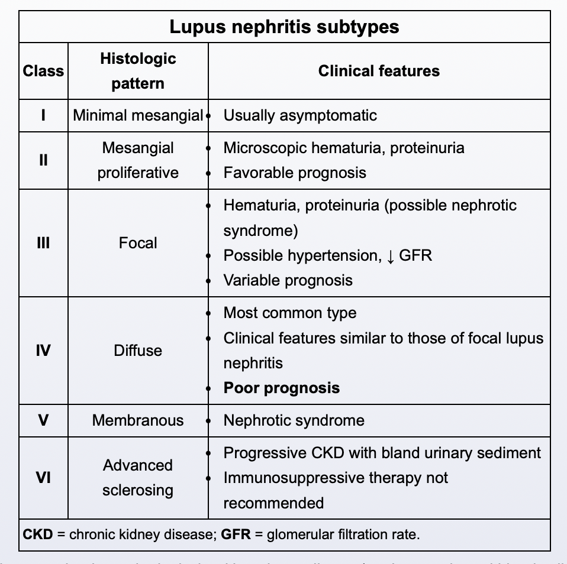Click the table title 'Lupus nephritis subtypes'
click(x=284, y=27)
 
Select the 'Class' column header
click(x=43, y=71)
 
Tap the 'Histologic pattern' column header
click(x=138, y=71)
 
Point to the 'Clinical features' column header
click(x=379, y=71)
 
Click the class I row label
click(x=43, y=115)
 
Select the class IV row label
click(x=43, y=351)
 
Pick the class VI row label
click(x=43, y=478)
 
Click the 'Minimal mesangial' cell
click(x=138, y=115)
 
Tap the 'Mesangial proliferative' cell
click(x=138, y=160)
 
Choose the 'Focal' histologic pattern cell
click(x=138, y=243)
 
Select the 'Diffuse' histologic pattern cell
click(x=138, y=351)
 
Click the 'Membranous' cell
click(x=138, y=420)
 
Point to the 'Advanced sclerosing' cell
click(x=138, y=478)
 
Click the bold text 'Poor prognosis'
click(x=282, y=388)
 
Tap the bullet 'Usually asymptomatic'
click(x=300, y=115)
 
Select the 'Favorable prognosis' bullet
click(x=295, y=173)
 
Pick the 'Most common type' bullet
click(x=290, y=313)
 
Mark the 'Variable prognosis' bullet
click(x=288, y=280)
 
